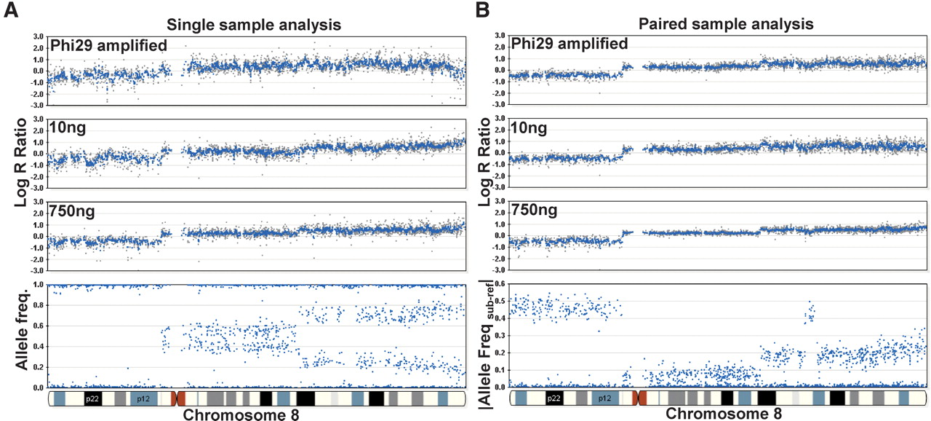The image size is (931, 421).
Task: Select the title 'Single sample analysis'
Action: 254,24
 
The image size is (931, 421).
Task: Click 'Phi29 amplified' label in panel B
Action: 570,44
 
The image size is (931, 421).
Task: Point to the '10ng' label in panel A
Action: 67,128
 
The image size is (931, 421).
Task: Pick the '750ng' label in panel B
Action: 535,210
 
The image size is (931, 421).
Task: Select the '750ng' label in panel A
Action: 73,211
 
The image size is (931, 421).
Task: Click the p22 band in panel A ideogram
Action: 92,398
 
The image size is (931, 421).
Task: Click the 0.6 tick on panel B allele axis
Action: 500,282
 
